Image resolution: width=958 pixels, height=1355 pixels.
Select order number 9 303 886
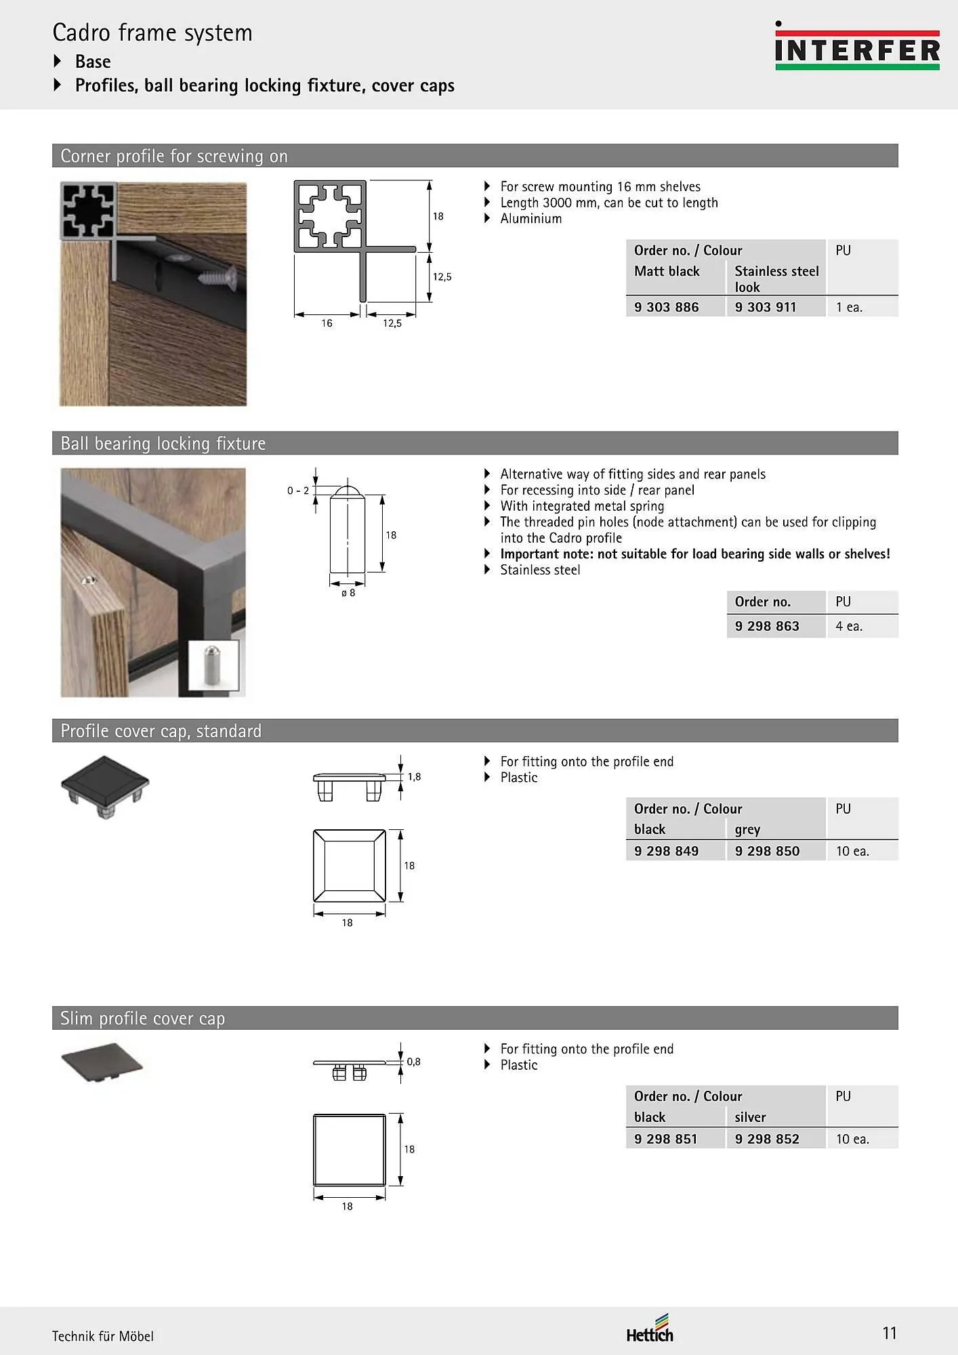[666, 307]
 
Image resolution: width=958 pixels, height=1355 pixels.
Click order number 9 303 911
[766, 307]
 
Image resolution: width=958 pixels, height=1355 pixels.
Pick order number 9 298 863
[767, 626]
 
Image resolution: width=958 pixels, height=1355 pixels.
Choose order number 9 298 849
[666, 851]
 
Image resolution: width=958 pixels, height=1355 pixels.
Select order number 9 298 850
[767, 851]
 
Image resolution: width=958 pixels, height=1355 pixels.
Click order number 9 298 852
[767, 1139]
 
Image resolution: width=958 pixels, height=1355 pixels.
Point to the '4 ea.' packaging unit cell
[849, 626]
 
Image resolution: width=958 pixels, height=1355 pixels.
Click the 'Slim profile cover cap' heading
[142, 1018]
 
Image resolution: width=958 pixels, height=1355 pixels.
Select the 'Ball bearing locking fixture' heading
[163, 443]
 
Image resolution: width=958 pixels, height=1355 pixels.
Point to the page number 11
[889, 1333]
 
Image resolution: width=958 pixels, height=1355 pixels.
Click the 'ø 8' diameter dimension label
[348, 593]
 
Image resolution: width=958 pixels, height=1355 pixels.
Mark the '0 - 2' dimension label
[298, 491]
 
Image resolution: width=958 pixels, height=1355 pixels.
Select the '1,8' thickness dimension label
[414, 777]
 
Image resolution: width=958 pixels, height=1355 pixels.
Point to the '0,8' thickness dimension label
[413, 1062]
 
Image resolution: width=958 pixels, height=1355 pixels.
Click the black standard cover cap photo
[105, 786]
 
